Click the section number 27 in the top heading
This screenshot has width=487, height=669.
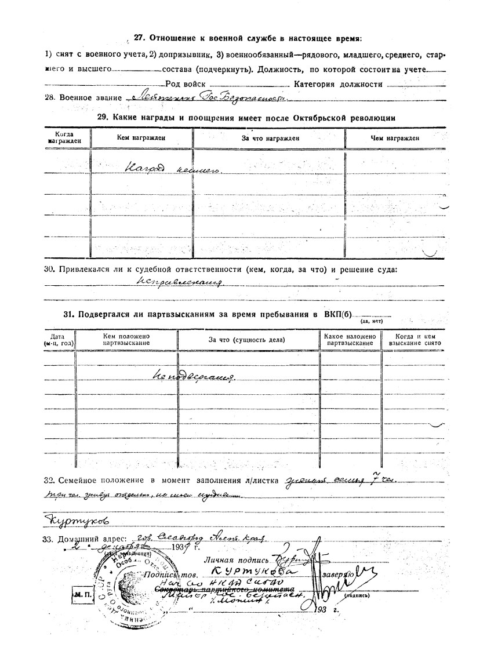click(x=139, y=38)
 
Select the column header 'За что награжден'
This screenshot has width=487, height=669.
click(x=270, y=138)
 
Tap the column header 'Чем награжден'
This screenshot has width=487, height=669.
click(x=395, y=138)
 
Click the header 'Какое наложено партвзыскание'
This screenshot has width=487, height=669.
click(x=350, y=340)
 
